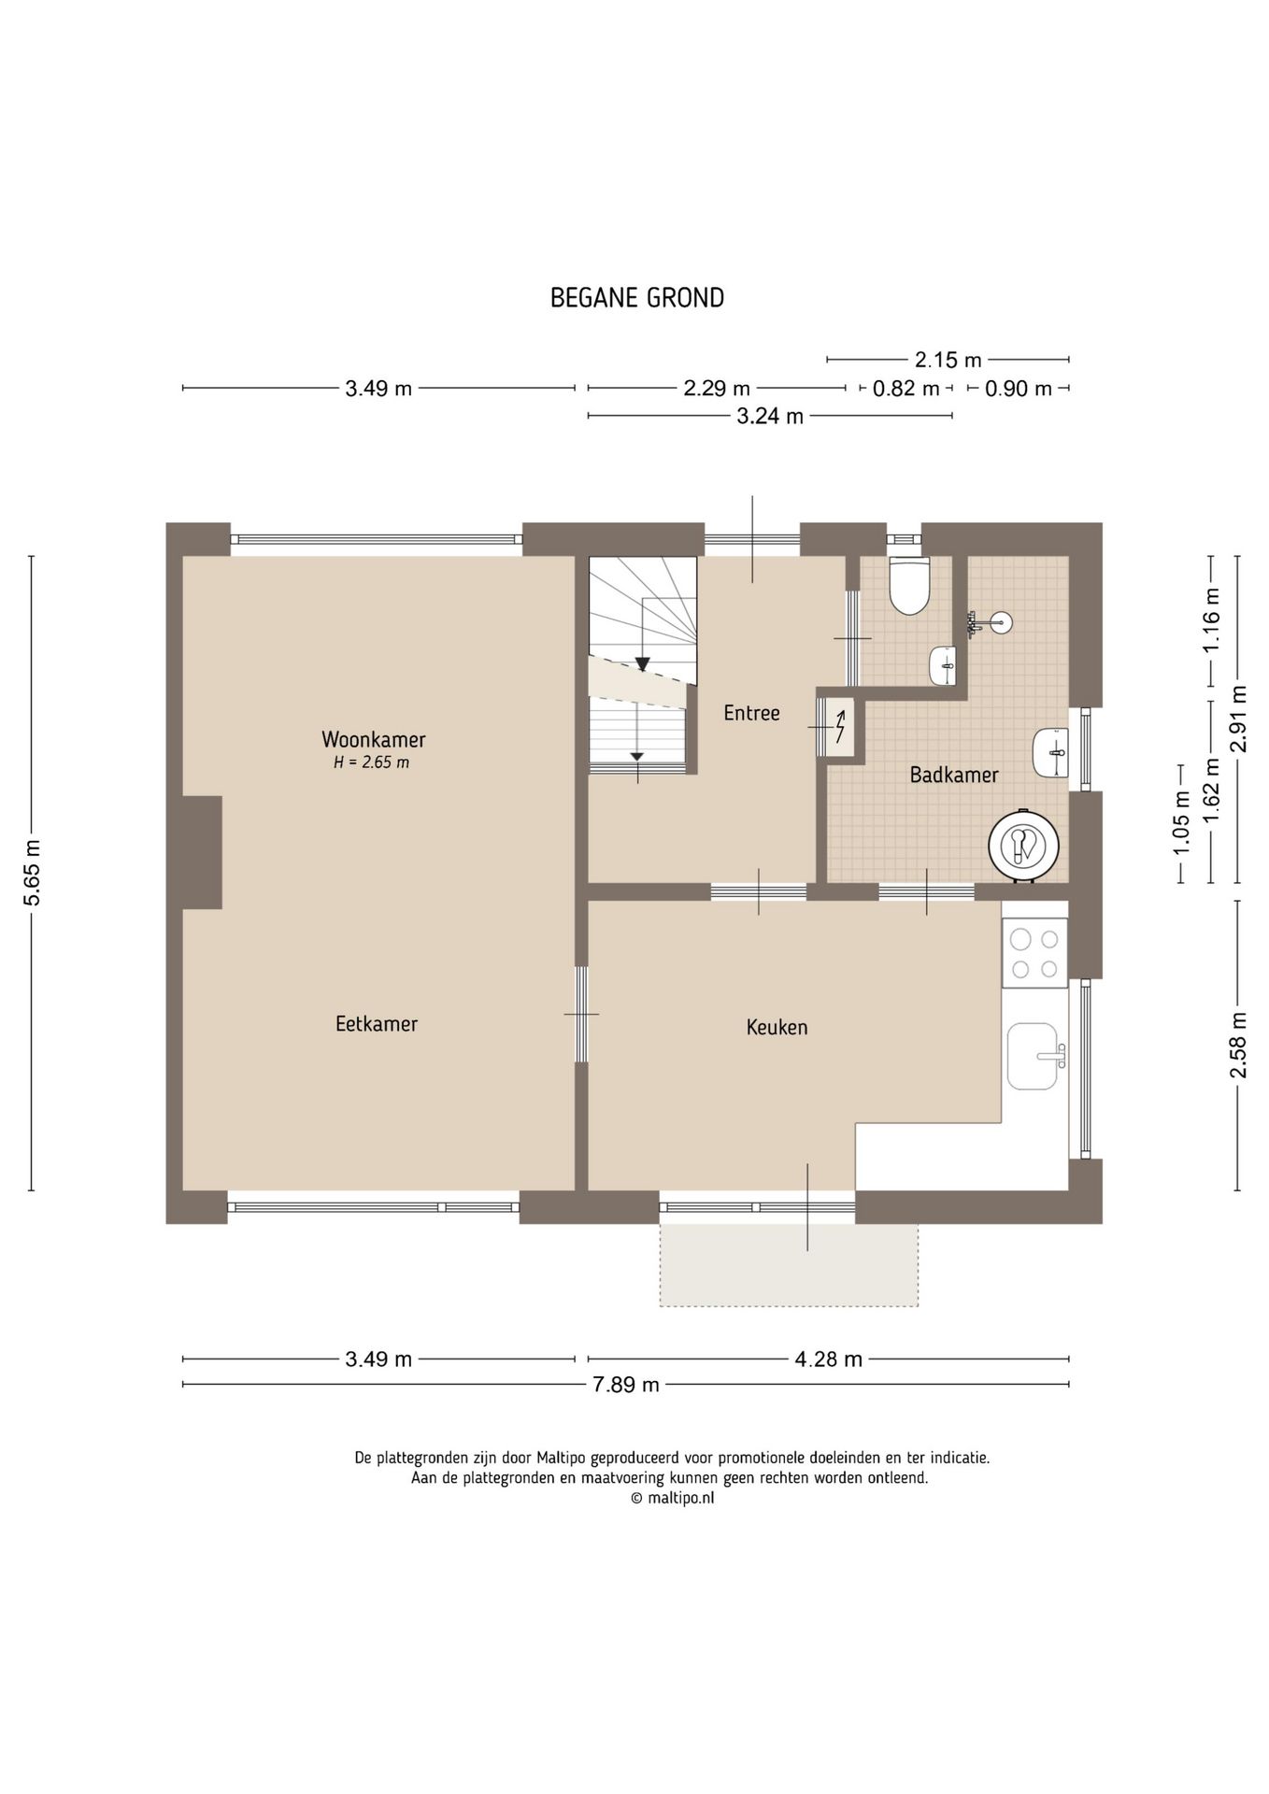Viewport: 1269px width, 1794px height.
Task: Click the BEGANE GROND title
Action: coord(636,298)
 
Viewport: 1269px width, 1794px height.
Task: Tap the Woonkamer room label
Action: coord(373,739)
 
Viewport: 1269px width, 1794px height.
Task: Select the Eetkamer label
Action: coord(376,1023)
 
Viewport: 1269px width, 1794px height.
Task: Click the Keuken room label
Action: coord(776,1027)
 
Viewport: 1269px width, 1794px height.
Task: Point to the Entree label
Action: coord(751,713)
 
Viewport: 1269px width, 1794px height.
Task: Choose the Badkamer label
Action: coord(953,775)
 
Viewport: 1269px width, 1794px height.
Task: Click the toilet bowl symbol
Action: coord(908,587)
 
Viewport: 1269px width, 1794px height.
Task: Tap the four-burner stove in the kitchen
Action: coord(1034,953)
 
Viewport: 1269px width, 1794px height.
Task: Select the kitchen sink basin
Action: coord(1033,1056)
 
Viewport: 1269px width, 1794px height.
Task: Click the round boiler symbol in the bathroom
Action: coord(1024,844)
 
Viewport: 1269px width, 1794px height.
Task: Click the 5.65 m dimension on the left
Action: coord(32,873)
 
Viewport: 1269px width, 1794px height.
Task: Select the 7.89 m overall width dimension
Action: coord(625,1385)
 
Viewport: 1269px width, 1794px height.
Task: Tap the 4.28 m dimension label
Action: coord(828,1359)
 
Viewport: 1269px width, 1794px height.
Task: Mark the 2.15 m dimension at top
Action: coord(948,360)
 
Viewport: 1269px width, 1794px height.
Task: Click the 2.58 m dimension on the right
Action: coord(1238,1044)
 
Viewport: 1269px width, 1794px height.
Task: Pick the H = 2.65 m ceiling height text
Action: coord(371,762)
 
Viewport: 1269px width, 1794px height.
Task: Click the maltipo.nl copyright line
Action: coord(672,1498)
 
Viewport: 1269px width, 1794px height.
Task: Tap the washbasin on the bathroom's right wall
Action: coord(1052,752)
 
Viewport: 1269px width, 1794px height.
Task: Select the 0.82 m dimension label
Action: coord(905,389)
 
